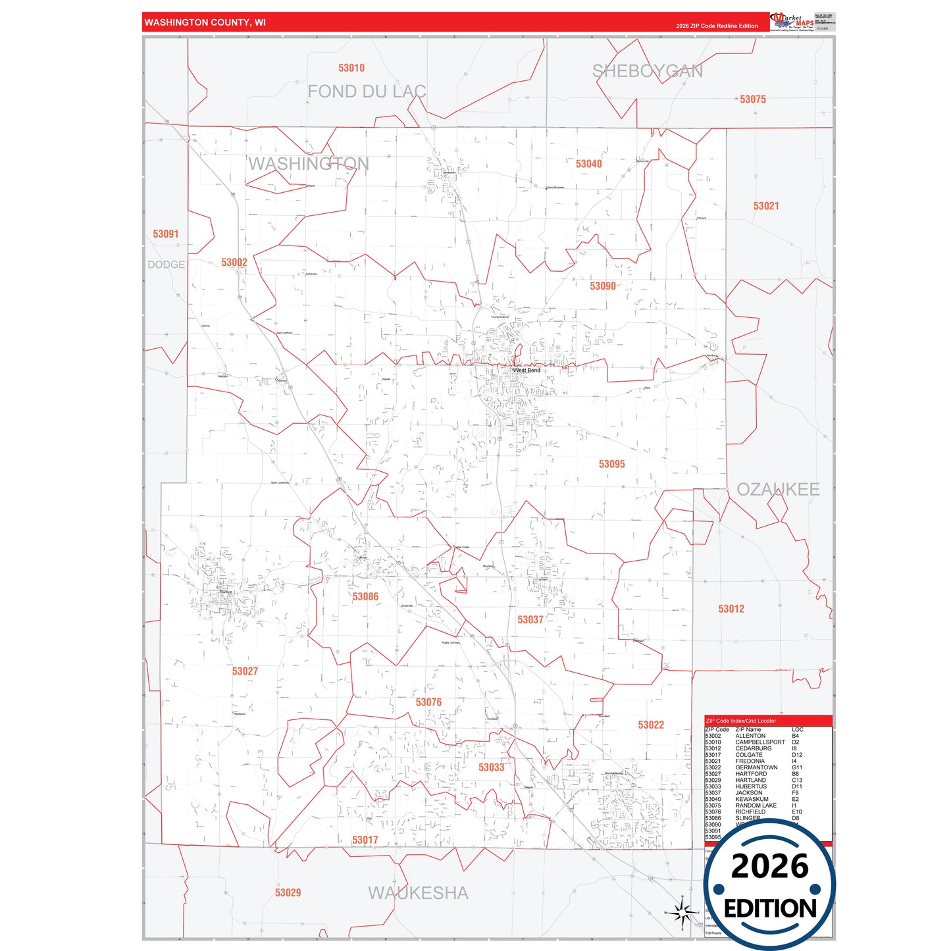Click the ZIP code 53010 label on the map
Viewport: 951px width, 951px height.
tap(351, 68)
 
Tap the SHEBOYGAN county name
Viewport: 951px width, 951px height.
tap(648, 71)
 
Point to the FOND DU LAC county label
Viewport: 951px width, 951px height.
tap(367, 91)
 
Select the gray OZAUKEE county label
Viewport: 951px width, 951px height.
tap(778, 490)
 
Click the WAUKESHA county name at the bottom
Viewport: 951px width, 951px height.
tap(419, 893)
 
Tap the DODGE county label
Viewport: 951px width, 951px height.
tap(166, 265)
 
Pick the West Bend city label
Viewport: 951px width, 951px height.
tap(527, 371)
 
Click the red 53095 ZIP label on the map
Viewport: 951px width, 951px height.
tap(611, 465)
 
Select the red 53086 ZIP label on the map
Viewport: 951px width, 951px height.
tap(365, 597)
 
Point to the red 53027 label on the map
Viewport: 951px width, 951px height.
tap(245, 671)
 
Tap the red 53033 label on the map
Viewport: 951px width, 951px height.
tap(491, 767)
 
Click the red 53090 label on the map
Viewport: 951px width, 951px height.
tap(603, 286)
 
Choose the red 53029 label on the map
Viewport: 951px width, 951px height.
tap(288, 893)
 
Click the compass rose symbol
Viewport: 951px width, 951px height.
tap(683, 912)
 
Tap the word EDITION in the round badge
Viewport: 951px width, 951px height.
tap(769, 909)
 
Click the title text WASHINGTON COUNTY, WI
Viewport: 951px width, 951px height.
tap(205, 22)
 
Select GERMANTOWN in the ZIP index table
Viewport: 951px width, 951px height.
tap(756, 767)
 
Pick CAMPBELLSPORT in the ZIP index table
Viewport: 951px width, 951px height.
tap(760, 742)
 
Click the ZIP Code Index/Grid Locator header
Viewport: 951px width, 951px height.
tap(740, 721)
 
